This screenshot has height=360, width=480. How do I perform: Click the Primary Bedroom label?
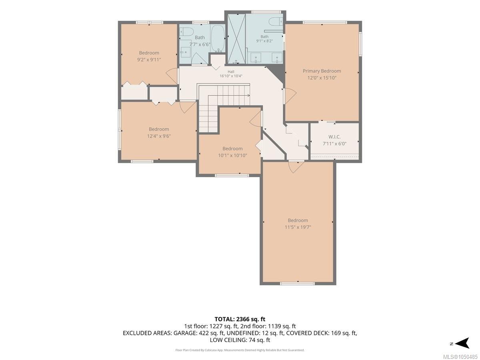(x=322, y=71)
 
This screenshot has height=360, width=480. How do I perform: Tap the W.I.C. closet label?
(x=334, y=137)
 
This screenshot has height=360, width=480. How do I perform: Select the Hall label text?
(x=231, y=72)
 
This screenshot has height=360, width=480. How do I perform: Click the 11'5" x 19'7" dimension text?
(x=298, y=227)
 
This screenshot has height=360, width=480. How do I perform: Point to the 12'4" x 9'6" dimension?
(x=159, y=136)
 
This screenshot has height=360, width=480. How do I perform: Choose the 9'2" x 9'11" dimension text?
(x=149, y=60)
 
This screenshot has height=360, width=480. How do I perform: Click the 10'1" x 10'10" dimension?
(x=232, y=156)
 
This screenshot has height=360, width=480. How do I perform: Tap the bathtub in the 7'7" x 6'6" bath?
(x=218, y=39)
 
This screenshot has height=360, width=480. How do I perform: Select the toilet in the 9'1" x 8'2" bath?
(x=276, y=22)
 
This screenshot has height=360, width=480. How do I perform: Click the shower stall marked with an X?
(x=236, y=39)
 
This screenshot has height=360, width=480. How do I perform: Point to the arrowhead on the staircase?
(x=249, y=96)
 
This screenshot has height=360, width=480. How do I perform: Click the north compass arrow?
(x=462, y=344)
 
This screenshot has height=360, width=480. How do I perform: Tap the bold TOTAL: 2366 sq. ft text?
(x=240, y=319)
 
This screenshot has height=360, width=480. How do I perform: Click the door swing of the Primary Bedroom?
(x=290, y=96)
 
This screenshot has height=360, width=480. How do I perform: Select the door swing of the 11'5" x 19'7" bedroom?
(x=296, y=167)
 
